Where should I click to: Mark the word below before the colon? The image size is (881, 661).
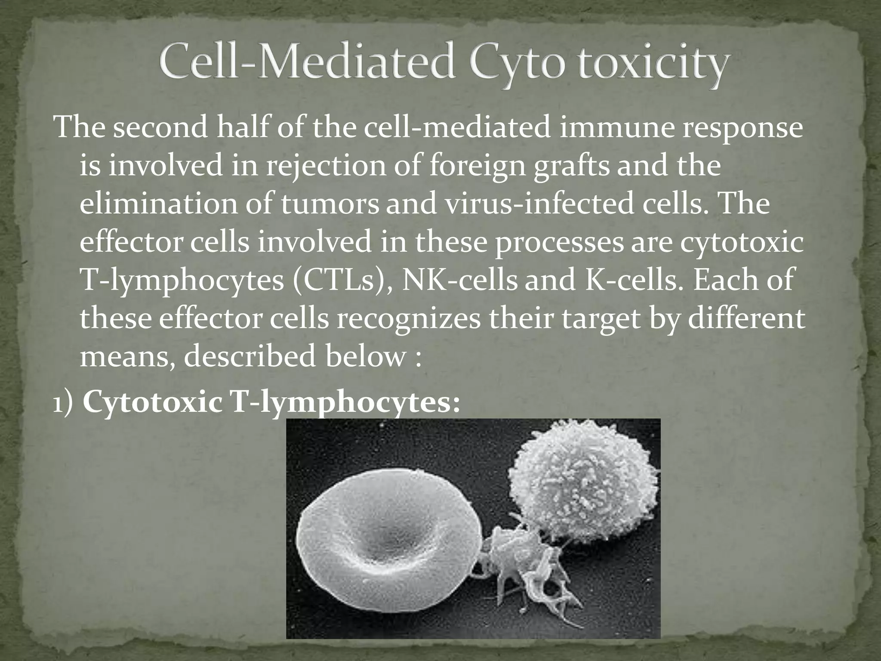(364, 357)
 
